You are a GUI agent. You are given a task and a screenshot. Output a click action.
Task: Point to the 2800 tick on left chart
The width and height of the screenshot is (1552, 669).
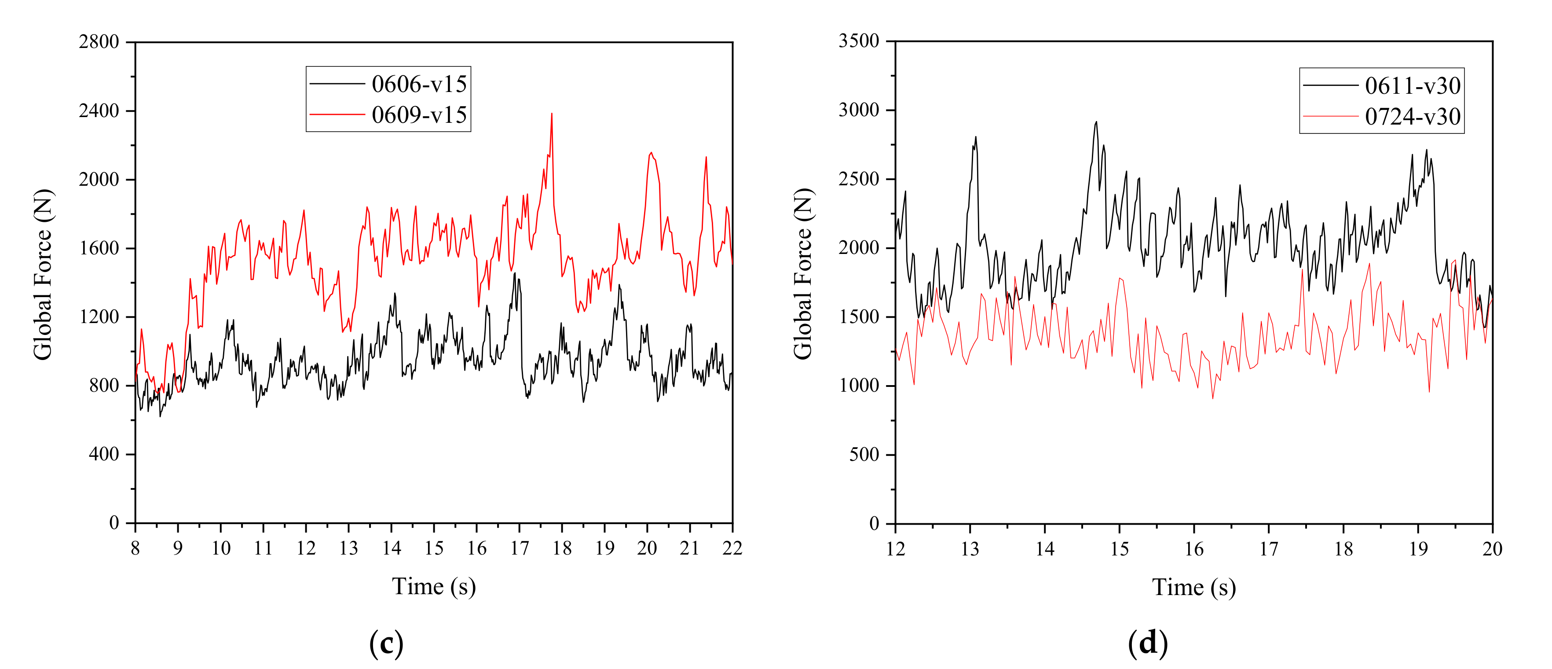[99, 42]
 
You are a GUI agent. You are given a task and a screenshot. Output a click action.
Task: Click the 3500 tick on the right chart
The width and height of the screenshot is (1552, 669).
[859, 41]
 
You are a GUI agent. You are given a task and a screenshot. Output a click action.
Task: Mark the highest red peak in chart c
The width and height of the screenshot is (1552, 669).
[551, 114]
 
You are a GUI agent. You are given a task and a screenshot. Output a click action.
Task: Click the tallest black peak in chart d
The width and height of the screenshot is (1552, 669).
[1096, 122]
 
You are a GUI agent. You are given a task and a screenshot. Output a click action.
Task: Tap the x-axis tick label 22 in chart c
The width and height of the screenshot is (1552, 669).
[732, 548]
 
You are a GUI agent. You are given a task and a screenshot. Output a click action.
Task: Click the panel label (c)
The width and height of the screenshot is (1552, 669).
[386, 643]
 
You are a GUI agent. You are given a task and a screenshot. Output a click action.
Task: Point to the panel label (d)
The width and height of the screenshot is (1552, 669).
[1147, 643]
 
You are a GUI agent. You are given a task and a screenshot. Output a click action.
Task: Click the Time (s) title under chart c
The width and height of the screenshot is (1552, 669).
[434, 586]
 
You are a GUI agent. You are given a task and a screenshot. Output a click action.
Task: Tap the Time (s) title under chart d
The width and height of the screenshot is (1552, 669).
[1194, 588]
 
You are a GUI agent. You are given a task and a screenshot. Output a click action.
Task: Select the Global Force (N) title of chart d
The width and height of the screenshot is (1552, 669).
[803, 274]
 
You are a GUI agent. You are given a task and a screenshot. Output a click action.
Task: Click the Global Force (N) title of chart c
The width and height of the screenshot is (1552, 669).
[43, 274]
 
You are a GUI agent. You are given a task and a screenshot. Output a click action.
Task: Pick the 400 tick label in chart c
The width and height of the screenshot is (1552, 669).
[104, 454]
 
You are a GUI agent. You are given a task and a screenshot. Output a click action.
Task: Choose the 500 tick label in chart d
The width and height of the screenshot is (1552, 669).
[864, 455]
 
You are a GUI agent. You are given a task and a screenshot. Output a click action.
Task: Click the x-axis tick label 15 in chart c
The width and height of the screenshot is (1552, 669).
[434, 548]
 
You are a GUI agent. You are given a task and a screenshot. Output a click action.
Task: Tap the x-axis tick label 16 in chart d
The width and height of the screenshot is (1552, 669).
[1194, 549]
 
